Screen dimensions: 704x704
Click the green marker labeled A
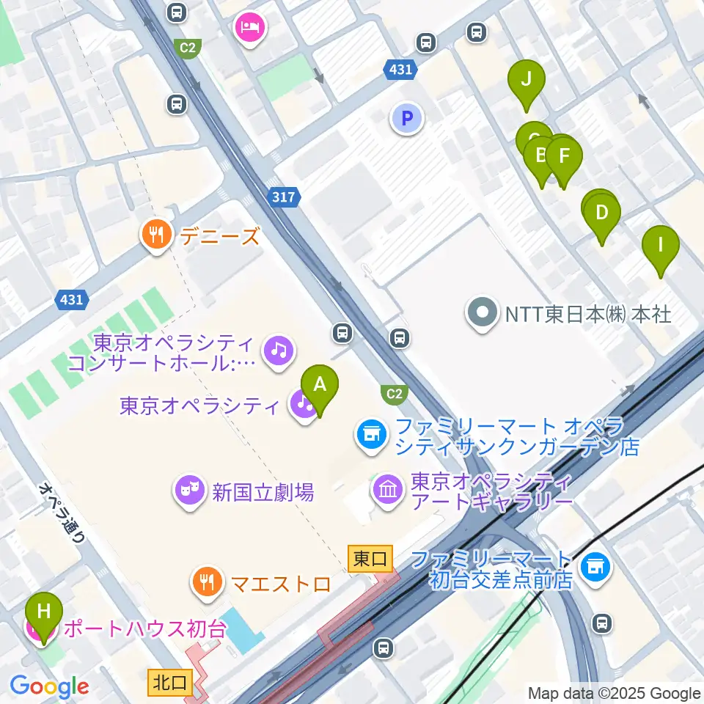click(x=320, y=385)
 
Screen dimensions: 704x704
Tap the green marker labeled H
click(x=44, y=612)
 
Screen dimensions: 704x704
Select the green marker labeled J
click(x=526, y=80)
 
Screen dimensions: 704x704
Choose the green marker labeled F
click(x=564, y=157)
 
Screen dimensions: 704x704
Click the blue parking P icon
click(x=407, y=117)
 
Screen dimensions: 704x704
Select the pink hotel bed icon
click(x=250, y=29)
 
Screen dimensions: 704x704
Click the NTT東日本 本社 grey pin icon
click(x=482, y=314)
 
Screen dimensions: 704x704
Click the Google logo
click(x=49, y=687)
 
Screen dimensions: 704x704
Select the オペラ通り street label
click(x=63, y=511)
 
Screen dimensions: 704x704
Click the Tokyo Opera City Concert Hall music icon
click(x=278, y=350)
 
